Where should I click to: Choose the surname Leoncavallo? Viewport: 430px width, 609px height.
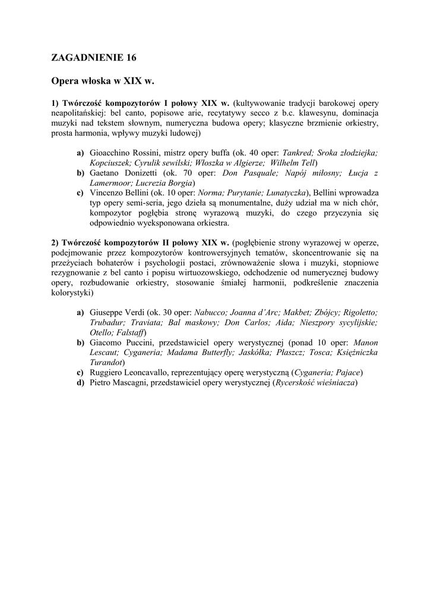[x=153, y=372]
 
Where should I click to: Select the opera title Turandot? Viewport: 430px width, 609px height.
[x=106, y=362]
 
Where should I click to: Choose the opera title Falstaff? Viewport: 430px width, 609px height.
[x=129, y=332]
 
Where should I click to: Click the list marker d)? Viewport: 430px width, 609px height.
[x=80, y=382]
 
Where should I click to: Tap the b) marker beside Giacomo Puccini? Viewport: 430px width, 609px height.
[x=80, y=343]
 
